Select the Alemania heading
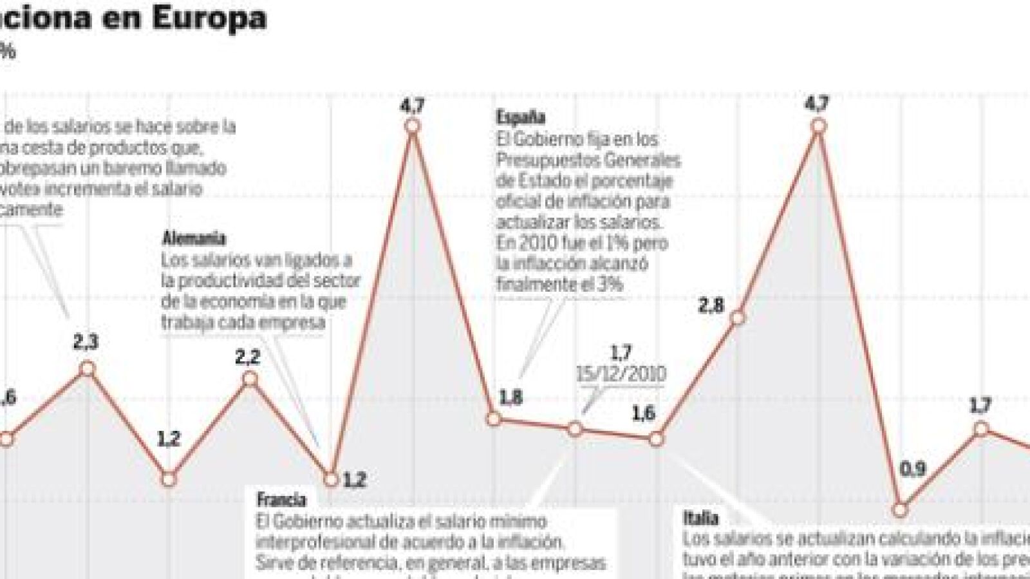[x=193, y=239]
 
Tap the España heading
[x=520, y=117]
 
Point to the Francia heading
[x=281, y=500]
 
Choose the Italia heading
[x=700, y=518]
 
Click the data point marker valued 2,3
[x=87, y=369]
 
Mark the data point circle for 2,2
[x=250, y=379]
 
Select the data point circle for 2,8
[x=738, y=318]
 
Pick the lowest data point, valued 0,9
[x=900, y=510]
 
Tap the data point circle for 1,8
[x=494, y=419]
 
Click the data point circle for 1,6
[x=656, y=439]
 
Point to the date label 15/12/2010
[x=621, y=374]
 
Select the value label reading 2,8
[x=711, y=305]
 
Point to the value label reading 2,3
[x=86, y=342]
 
